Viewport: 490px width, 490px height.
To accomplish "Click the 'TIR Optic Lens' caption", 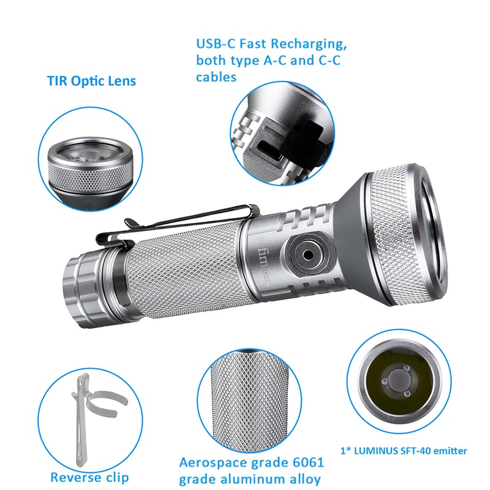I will (91, 81).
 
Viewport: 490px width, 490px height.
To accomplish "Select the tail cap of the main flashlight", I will (80, 285).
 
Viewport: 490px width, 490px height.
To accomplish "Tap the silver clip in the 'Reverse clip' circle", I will (83, 417).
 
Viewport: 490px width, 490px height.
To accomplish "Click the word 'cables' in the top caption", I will (216, 77).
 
